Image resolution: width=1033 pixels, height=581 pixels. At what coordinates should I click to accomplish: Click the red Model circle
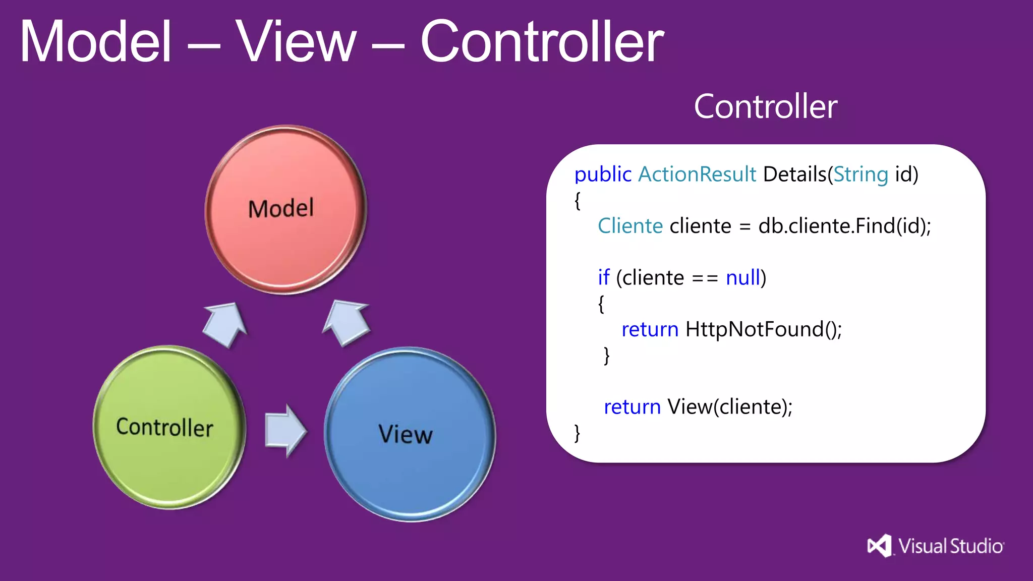(285, 209)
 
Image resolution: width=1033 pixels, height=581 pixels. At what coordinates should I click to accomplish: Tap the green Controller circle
(168, 428)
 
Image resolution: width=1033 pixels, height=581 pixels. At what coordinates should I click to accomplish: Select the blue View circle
(410, 434)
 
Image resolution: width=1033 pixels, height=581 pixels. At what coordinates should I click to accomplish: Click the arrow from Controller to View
(285, 431)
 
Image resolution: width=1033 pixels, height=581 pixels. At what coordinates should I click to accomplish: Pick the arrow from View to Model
(347, 323)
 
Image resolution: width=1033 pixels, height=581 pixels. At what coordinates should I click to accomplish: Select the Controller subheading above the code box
(765, 106)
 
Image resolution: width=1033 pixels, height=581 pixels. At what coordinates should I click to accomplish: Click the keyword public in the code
(603, 175)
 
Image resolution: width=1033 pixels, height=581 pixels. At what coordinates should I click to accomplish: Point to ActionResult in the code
(697, 175)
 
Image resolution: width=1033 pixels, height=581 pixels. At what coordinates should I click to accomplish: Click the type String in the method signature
(860, 175)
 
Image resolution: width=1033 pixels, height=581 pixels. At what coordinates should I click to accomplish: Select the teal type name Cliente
(630, 226)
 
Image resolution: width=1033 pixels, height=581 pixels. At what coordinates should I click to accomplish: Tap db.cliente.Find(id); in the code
(844, 226)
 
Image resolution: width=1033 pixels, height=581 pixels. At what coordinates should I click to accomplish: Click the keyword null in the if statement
(742, 278)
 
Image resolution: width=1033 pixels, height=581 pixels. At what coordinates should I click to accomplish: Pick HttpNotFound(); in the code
(763, 329)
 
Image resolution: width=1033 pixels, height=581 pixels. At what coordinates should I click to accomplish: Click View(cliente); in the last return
(729, 406)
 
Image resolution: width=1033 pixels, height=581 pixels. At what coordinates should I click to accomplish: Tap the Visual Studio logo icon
(879, 546)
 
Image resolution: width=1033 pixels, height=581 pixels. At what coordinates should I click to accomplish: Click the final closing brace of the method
(577, 433)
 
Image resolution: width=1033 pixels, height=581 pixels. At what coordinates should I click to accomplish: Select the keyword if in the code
(603, 278)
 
